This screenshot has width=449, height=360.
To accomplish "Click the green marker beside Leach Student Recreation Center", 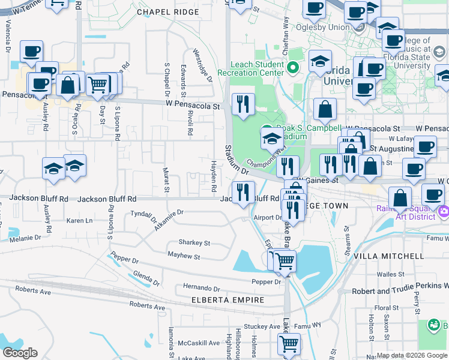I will coord(294,68).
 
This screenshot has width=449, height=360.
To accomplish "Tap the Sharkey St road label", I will coord(194,243).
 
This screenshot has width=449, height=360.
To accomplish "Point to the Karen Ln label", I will coord(79,221).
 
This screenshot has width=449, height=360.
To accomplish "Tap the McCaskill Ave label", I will coord(199,343).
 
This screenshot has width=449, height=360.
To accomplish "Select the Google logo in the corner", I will coord(19,353).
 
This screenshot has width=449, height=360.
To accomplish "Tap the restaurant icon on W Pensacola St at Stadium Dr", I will coord(243,104).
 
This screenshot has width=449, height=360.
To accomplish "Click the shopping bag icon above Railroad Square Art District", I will coord(400,198).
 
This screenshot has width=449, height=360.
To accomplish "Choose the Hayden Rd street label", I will coord(214,176).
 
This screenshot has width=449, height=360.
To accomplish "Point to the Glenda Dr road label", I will coord(146,278).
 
